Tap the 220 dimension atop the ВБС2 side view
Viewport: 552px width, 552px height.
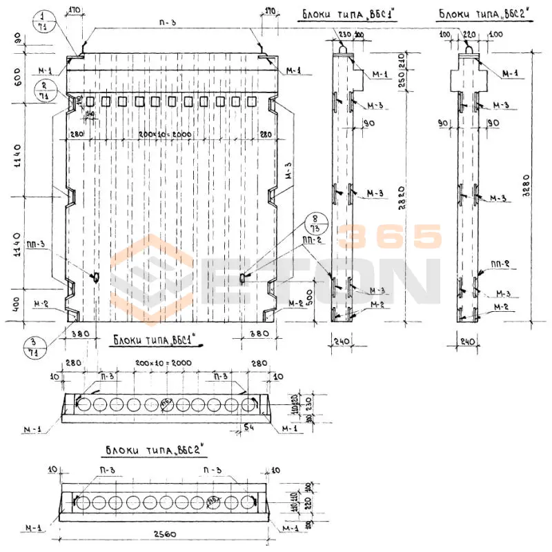tap(469, 33)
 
